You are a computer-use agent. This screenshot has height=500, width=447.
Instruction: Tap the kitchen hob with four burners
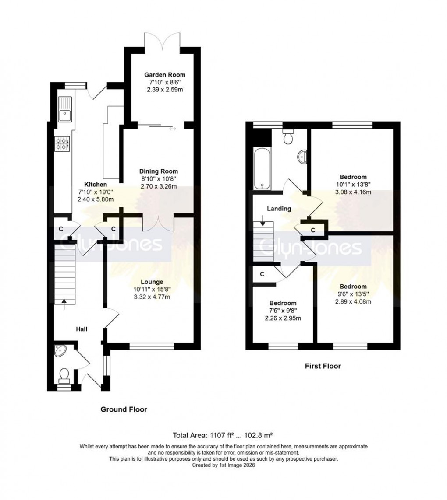pos(62,144)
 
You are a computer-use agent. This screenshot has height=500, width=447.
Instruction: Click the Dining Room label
pos(159,171)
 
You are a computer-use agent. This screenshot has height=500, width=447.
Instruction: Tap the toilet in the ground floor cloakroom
pos(64,375)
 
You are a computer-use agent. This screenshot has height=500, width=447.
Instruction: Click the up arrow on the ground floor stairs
pos(64,303)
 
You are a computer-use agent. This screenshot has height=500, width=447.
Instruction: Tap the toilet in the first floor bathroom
pos(288,137)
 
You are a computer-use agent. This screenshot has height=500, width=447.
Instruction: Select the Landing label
pos(280,209)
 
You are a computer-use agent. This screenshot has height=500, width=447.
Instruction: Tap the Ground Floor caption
pos(124,409)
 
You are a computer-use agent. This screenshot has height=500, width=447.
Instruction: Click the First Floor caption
pos(323,366)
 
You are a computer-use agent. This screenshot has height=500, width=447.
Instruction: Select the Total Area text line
pos(223,435)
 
